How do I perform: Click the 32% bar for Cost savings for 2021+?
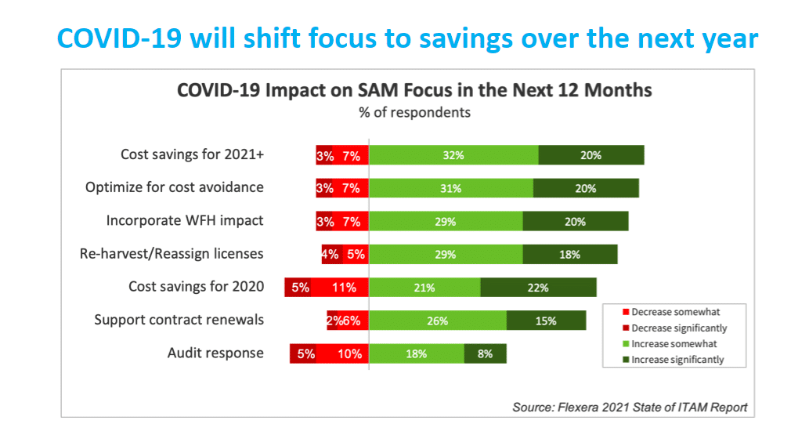(453, 155)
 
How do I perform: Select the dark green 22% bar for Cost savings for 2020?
(538, 288)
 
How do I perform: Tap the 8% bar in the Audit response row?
(485, 353)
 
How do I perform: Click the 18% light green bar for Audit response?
(417, 353)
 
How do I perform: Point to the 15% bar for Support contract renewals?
(546, 321)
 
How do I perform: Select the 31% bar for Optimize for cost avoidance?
(451, 188)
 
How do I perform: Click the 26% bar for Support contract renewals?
(438, 321)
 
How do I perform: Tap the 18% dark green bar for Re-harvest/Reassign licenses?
(569, 255)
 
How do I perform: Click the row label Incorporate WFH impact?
(185, 221)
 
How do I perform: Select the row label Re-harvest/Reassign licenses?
(172, 254)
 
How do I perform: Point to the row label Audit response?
(215, 353)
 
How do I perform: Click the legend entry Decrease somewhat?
(675, 312)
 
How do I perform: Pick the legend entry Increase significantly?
(677, 360)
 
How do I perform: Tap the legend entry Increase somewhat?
(674, 344)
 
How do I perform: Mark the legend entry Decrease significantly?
(679, 328)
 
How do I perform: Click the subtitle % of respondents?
(414, 112)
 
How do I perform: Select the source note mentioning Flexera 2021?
(630, 408)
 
